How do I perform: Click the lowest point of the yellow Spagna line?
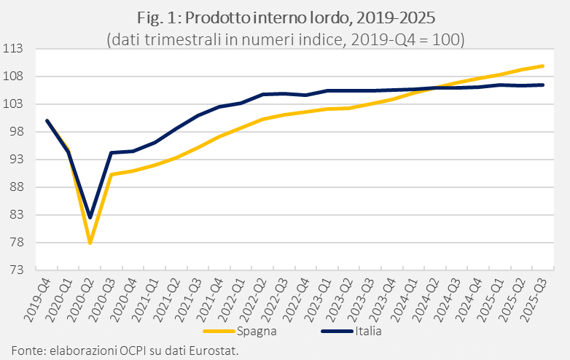(x=90, y=243)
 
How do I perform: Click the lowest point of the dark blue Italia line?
(x=90, y=217)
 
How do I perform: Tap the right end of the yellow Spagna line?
(x=543, y=66)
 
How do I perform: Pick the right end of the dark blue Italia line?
(x=543, y=85)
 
